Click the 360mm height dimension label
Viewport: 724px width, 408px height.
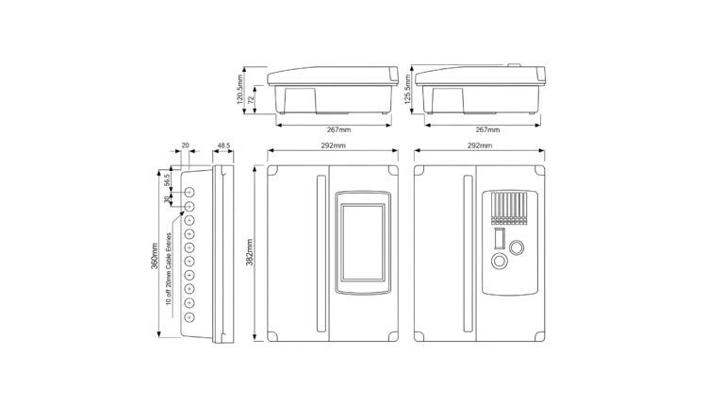[155, 256]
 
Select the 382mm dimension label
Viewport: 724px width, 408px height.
[249, 252]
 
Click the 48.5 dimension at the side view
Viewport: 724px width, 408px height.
[223, 145]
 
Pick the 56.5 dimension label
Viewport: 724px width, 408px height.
[167, 179]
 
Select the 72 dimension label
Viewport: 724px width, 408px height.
[252, 100]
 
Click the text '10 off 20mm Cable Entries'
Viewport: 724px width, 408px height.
[169, 269]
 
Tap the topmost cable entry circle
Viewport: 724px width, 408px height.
[189, 192]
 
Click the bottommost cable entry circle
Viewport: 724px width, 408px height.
[189, 317]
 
